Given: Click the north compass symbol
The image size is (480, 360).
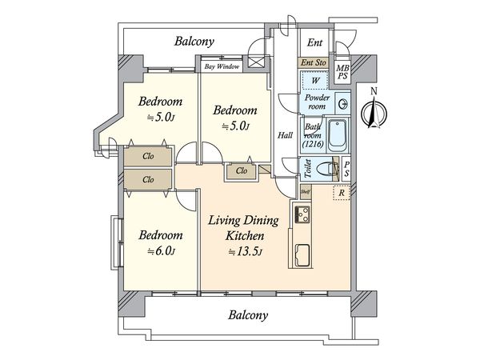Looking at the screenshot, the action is point(374,112).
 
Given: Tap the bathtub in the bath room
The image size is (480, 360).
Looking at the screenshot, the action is point(338,135).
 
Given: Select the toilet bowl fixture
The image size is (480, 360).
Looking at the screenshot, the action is point(326,169).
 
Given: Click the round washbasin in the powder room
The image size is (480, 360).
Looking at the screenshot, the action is point(342,104).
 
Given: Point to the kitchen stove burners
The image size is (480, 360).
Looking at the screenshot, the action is point(302,214).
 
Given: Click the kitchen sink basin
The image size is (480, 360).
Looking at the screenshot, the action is point(302,255).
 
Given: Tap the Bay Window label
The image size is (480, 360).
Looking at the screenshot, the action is point(222,66).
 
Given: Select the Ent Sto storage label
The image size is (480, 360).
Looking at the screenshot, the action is point(313,62).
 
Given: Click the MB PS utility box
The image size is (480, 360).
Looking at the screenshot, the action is point(342,72).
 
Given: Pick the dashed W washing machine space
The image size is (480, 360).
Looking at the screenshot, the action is point(314,81).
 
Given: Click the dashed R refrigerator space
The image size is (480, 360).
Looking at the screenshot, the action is point(342,193).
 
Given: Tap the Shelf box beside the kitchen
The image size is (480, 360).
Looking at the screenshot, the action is point(306,192).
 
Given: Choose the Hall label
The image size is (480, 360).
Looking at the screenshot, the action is point(285,135).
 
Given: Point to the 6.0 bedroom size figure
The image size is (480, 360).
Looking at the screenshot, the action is point(161,251).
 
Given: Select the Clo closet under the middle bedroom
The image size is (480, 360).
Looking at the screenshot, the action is point(242,171).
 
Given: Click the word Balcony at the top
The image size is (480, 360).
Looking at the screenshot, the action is point(194,42).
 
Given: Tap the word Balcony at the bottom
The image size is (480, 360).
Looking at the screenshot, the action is point(248,315).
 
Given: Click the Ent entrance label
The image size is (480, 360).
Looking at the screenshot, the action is point(314,42).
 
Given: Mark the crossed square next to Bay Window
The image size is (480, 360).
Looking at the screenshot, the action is point(256,62).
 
